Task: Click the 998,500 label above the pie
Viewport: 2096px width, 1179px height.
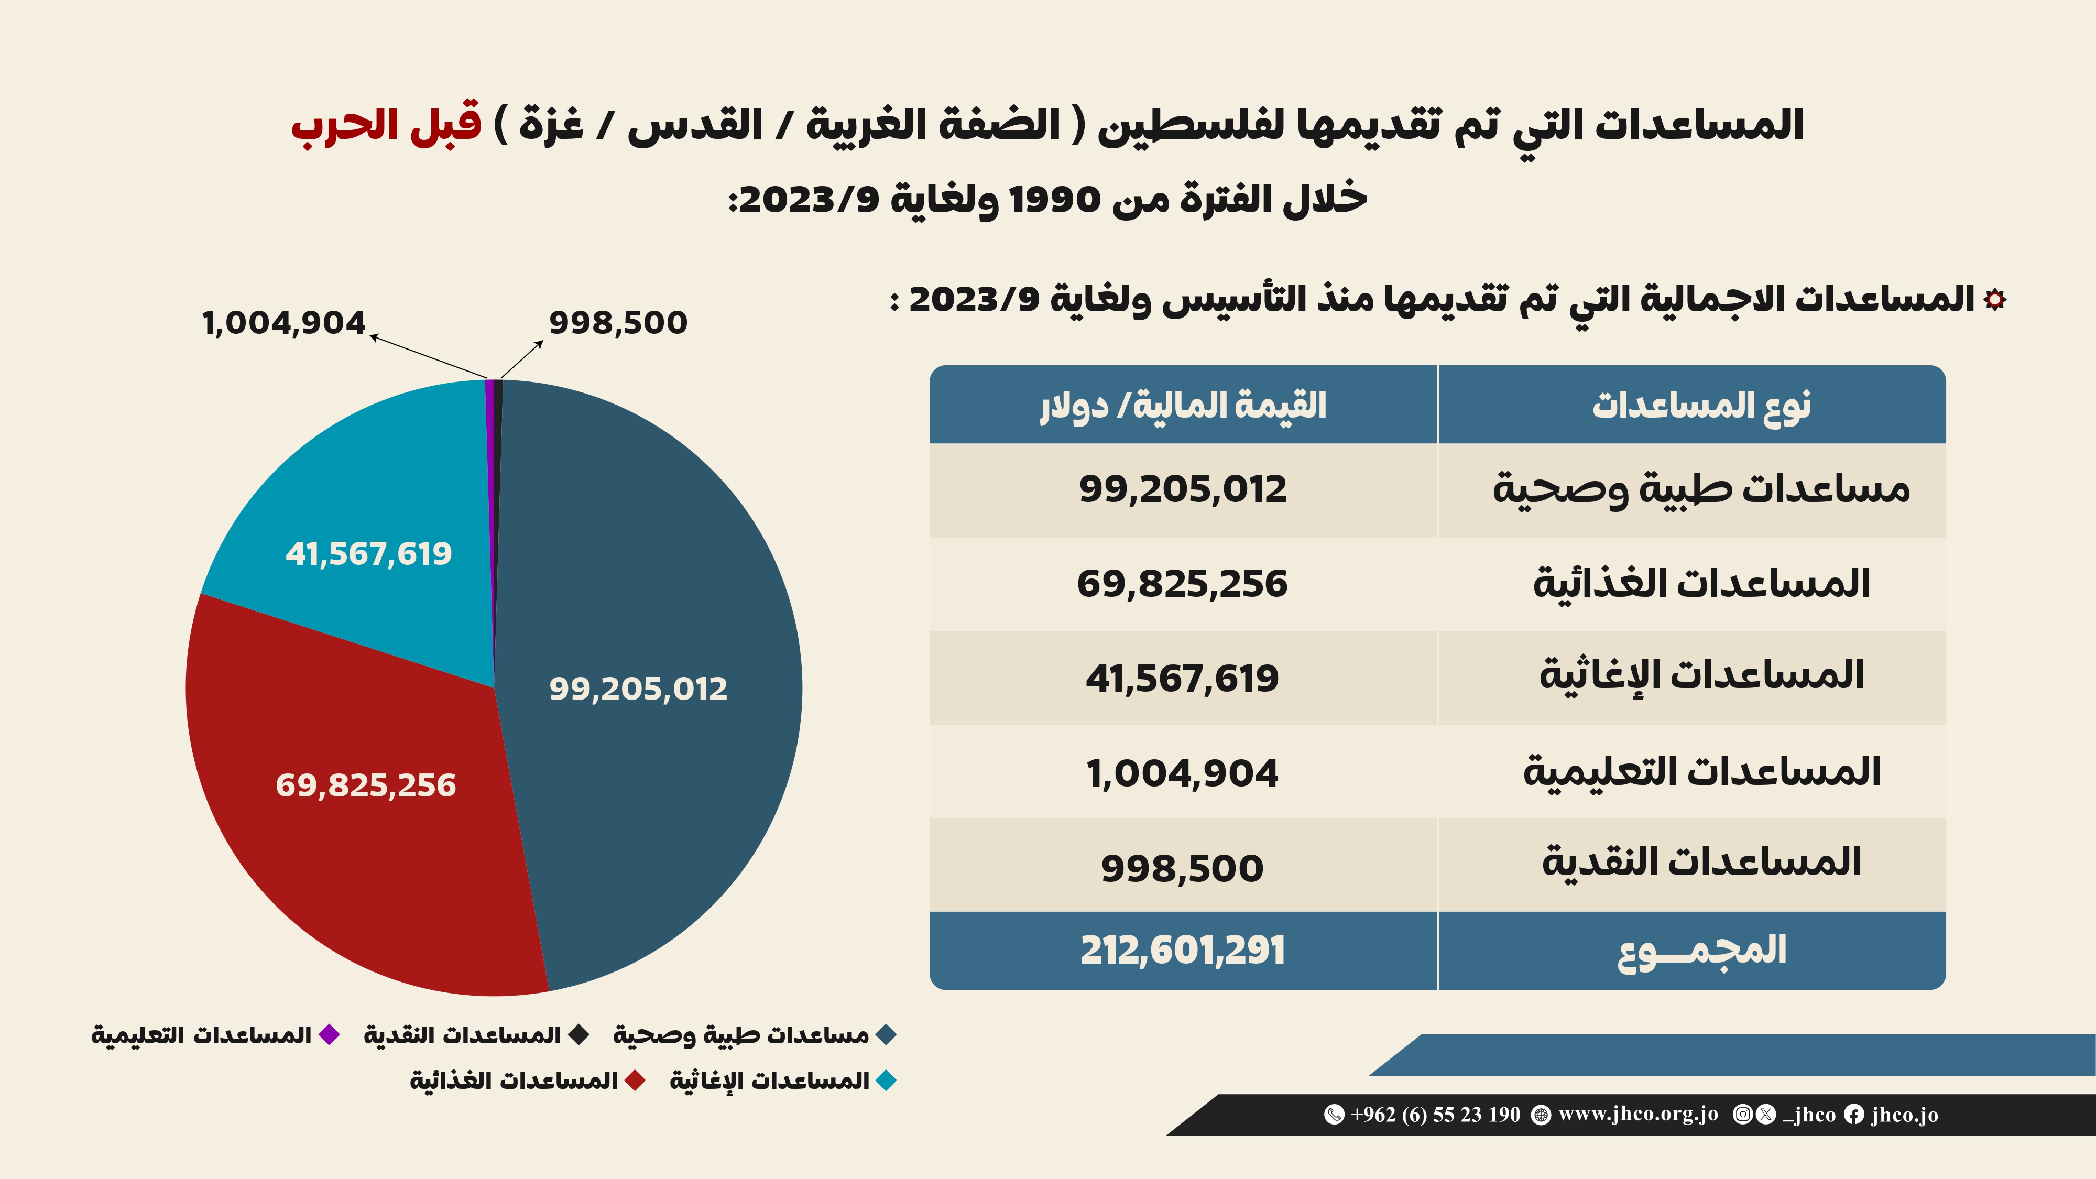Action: [x=618, y=323]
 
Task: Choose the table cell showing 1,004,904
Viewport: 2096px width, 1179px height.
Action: [x=1182, y=773]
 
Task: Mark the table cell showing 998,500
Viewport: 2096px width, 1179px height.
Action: [x=1182, y=867]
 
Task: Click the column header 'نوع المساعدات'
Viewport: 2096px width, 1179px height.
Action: [x=1700, y=405]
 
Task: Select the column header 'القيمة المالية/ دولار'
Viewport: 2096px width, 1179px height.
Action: [x=1182, y=405]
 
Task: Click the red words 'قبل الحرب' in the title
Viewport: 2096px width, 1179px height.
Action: [x=387, y=126]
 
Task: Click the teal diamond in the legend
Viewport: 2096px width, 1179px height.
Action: [x=885, y=1080]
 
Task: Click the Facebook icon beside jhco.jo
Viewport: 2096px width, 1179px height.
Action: [x=1853, y=1115]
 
